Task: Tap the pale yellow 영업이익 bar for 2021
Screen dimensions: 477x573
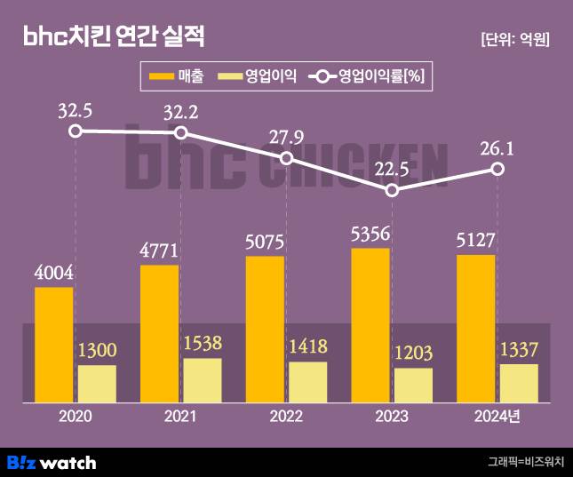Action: tap(203, 380)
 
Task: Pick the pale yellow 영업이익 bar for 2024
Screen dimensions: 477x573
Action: tap(519, 383)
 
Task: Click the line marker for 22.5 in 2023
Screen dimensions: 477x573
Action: tap(393, 190)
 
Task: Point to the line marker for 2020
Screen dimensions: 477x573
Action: tap(76, 131)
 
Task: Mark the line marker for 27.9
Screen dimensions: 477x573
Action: tap(287, 158)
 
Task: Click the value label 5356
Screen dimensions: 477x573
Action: tap(370, 234)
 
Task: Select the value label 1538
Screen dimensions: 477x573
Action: tap(202, 343)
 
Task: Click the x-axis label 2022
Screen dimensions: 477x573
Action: tap(286, 417)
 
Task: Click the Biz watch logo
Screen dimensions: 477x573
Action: tap(52, 462)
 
